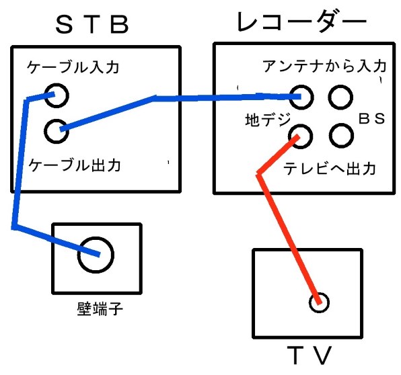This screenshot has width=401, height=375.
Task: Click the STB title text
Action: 92,24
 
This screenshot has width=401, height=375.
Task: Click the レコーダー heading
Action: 302,22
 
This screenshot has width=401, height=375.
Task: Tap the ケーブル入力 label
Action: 73,67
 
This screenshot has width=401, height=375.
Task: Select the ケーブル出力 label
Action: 75,165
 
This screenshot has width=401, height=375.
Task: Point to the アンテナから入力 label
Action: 324,66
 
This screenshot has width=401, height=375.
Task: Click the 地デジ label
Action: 268,120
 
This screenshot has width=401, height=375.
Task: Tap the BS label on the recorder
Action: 371,118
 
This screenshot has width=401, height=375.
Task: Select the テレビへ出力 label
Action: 330,169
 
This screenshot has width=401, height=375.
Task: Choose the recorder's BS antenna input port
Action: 340,85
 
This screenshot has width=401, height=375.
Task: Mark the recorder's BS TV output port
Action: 341,124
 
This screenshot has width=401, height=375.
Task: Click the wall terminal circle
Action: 96,237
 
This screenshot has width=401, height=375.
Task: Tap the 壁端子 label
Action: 100,308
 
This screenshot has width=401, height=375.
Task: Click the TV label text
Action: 309,356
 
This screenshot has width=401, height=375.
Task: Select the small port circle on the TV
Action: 319,293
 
